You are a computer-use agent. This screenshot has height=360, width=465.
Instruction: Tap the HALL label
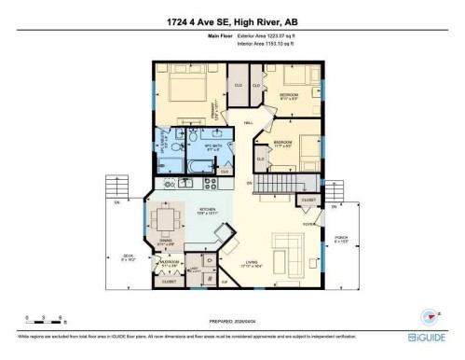click(x=249, y=123)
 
